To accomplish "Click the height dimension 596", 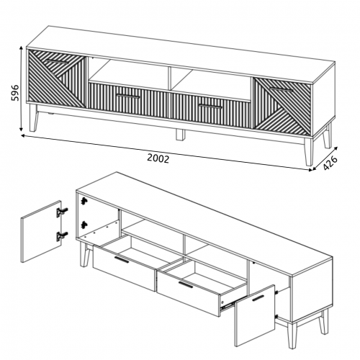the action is (15, 93).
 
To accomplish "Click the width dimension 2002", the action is (158, 158).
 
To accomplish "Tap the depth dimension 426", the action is (330, 163).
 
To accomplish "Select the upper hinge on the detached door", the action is (62, 212).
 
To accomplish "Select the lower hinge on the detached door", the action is (62, 236).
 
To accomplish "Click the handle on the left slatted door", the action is (57, 62).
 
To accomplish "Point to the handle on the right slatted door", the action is (282, 89).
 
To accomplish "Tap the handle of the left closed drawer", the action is (128, 96).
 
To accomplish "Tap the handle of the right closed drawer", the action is (210, 107).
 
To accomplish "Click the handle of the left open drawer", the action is (122, 260).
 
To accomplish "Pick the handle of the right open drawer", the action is (186, 284).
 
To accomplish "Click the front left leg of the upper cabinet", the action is (34, 118).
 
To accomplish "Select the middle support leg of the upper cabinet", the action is (180, 135).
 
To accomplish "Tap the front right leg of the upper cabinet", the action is (310, 152).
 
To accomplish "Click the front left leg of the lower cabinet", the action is (85, 254).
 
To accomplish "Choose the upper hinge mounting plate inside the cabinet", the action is (84, 201).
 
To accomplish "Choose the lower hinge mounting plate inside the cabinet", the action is (84, 225).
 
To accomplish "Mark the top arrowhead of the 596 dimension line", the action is (22, 48).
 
